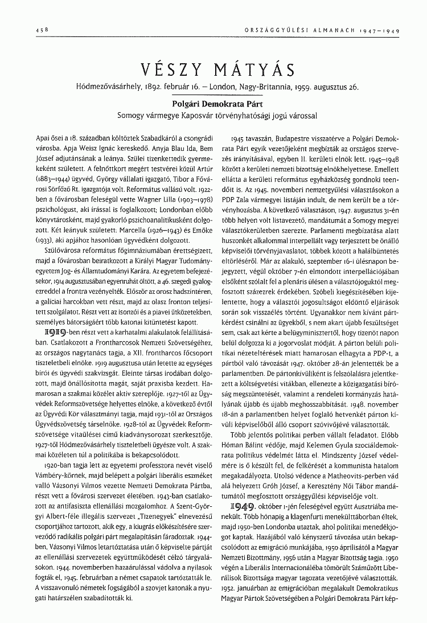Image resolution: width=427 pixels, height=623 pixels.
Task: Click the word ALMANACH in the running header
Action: coord(340,30)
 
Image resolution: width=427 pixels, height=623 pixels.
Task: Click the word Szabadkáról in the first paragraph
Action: coord(154,138)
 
